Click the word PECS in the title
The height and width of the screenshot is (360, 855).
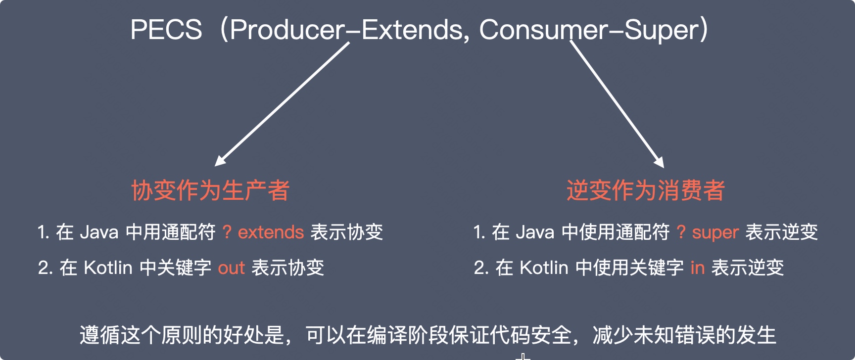166,30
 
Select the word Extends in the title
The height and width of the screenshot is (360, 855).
413,30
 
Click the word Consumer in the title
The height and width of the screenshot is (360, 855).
543,30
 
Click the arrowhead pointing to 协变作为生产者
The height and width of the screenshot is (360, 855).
221,160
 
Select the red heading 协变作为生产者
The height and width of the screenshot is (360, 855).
210,190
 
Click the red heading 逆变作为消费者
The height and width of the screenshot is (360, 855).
646,190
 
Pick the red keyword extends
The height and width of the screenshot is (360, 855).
271,232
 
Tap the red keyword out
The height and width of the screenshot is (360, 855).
232,268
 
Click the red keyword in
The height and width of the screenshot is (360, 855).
698,268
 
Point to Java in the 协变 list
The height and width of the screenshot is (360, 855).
99,232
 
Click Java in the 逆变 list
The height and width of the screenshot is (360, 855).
535,232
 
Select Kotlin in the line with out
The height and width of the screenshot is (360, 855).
108,268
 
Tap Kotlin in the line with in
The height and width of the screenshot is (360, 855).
544,268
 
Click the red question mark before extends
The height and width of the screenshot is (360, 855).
227,232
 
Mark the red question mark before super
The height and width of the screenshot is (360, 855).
681,232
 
